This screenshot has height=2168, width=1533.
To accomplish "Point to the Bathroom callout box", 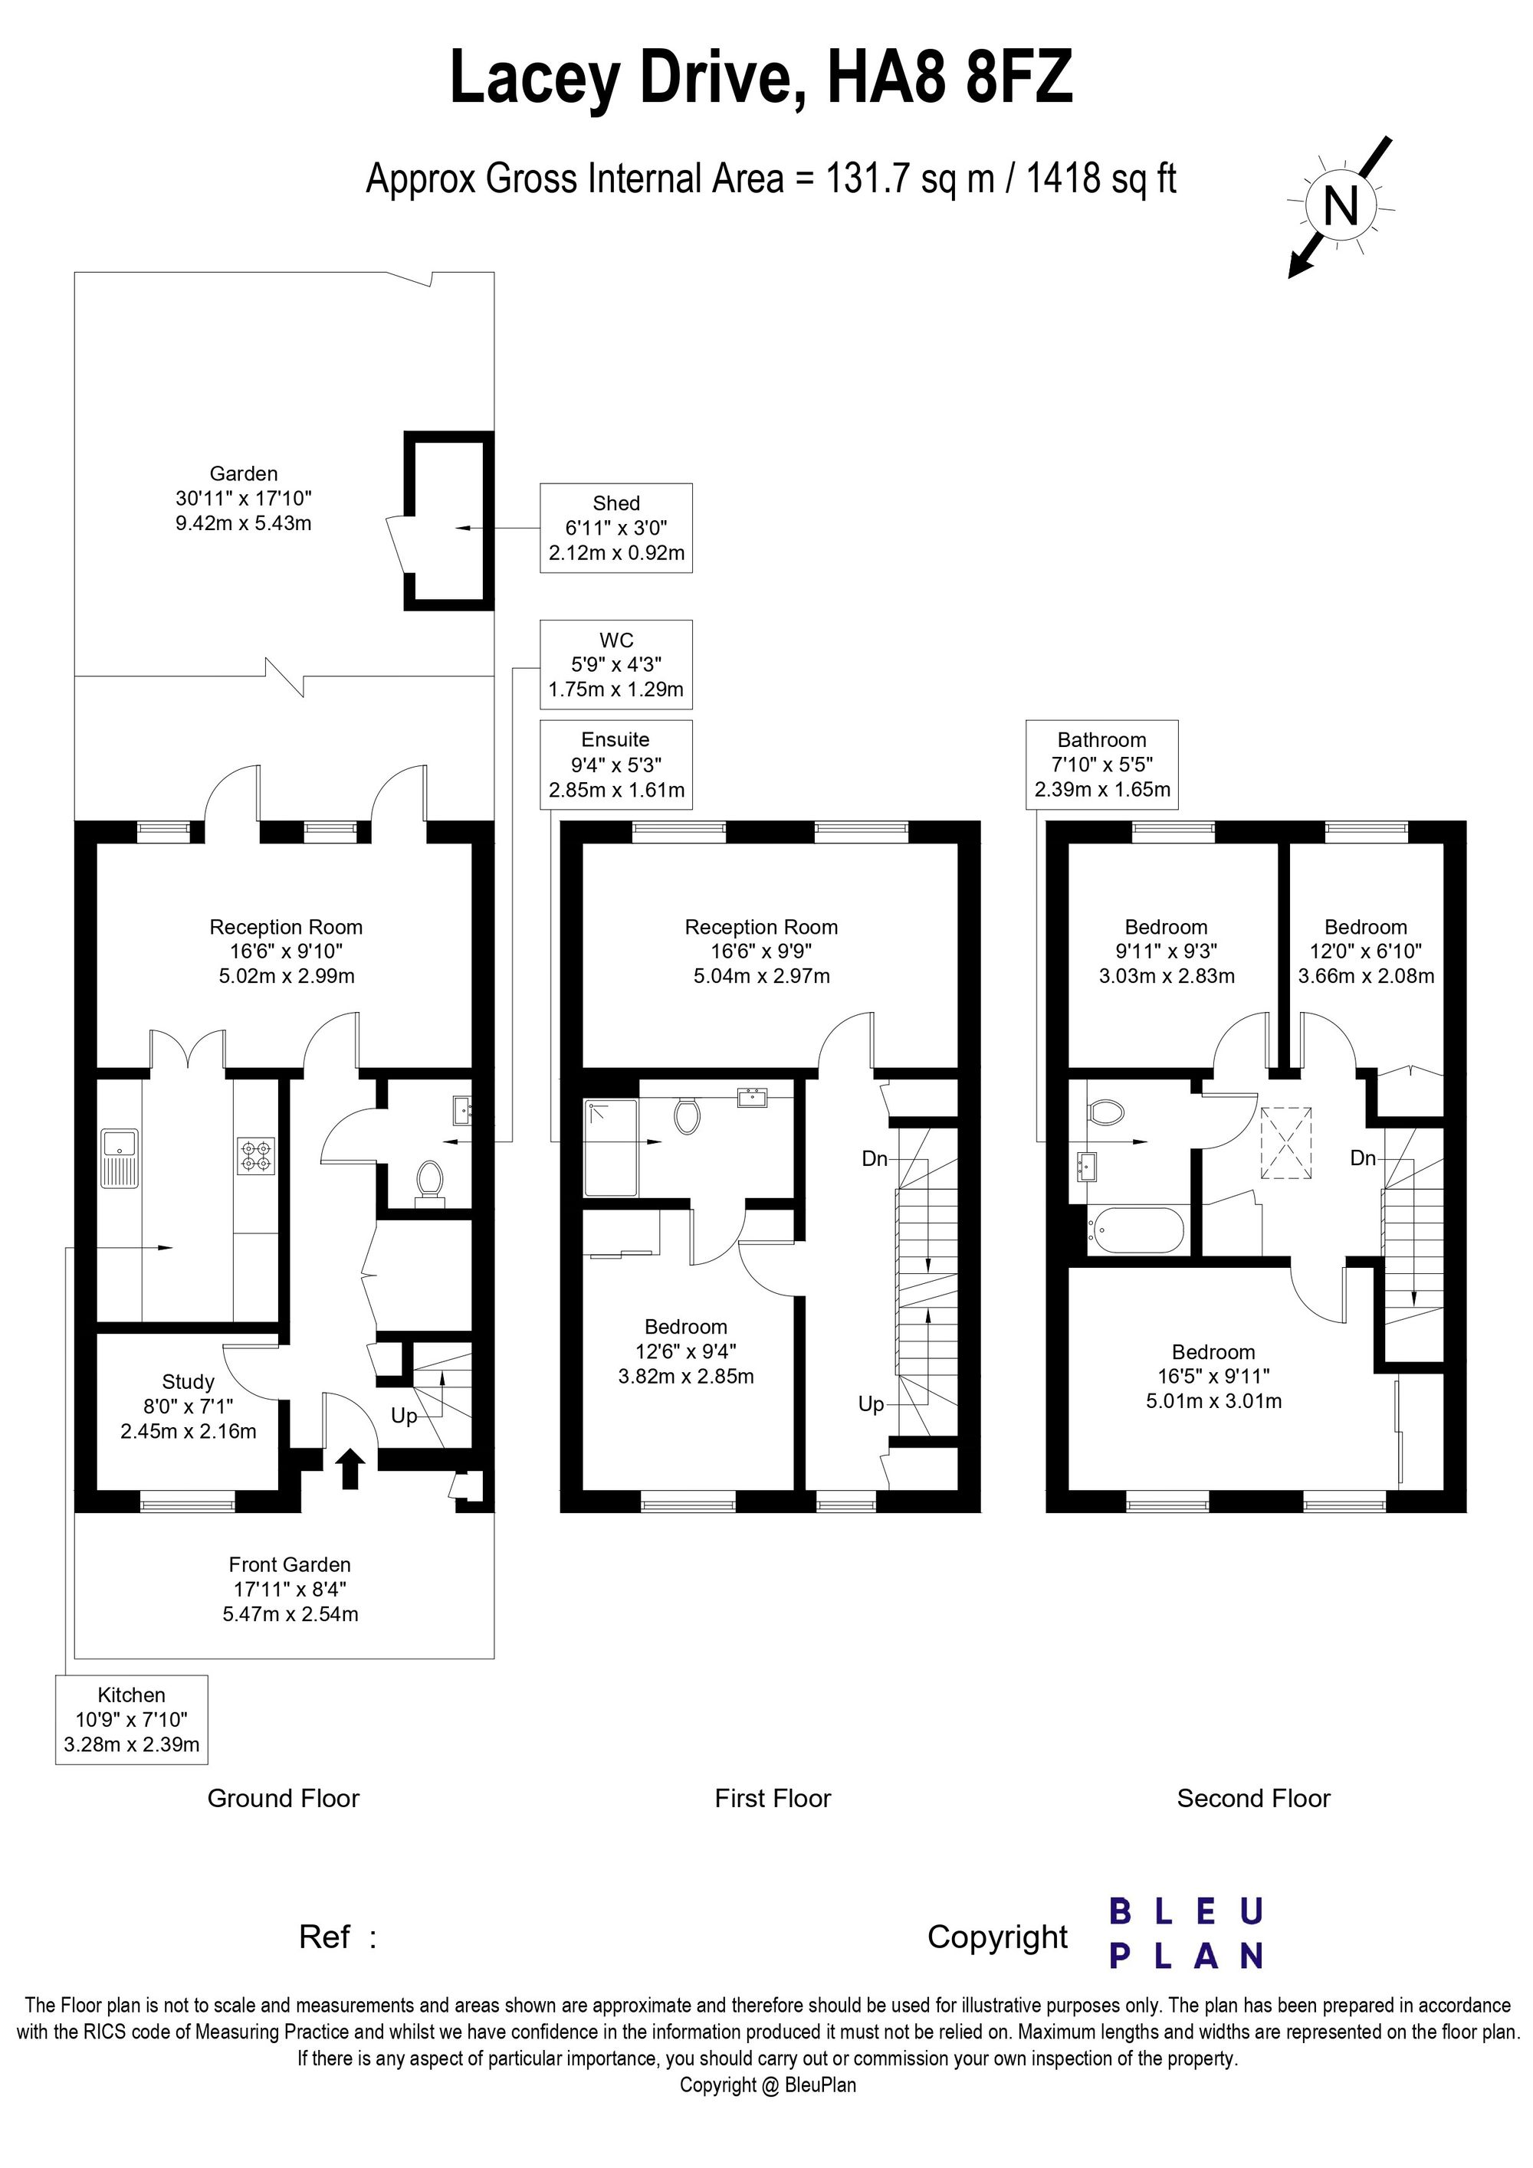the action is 1102,765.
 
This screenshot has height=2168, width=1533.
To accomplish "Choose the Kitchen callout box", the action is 131,1720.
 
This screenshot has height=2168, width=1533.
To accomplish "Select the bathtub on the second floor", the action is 1135,1230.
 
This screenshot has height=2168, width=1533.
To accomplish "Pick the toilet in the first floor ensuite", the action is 688,1115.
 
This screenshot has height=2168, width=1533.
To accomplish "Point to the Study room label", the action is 188,1382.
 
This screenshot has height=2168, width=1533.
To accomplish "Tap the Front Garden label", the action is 290,1564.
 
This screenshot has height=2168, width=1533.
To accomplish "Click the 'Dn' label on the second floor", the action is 1362,1158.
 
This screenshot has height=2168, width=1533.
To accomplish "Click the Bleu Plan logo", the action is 1187,1934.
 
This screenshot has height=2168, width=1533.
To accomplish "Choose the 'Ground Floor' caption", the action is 284,1798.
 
